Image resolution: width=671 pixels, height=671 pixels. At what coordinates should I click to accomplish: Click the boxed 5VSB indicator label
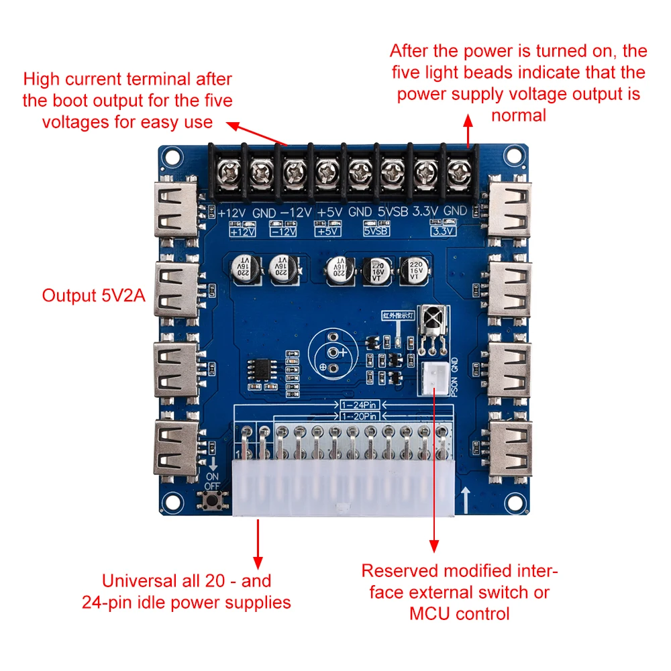point(376,231)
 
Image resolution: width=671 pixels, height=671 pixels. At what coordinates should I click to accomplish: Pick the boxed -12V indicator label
point(284,231)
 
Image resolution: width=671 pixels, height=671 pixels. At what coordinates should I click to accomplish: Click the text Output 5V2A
point(93,295)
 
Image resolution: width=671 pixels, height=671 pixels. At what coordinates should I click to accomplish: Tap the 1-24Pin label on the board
point(360,405)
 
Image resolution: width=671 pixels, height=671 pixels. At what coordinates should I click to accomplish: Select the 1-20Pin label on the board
point(360,416)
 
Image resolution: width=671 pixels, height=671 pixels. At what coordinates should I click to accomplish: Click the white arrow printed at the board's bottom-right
point(466,498)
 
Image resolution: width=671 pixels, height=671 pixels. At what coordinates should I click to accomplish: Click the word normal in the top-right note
point(519,115)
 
